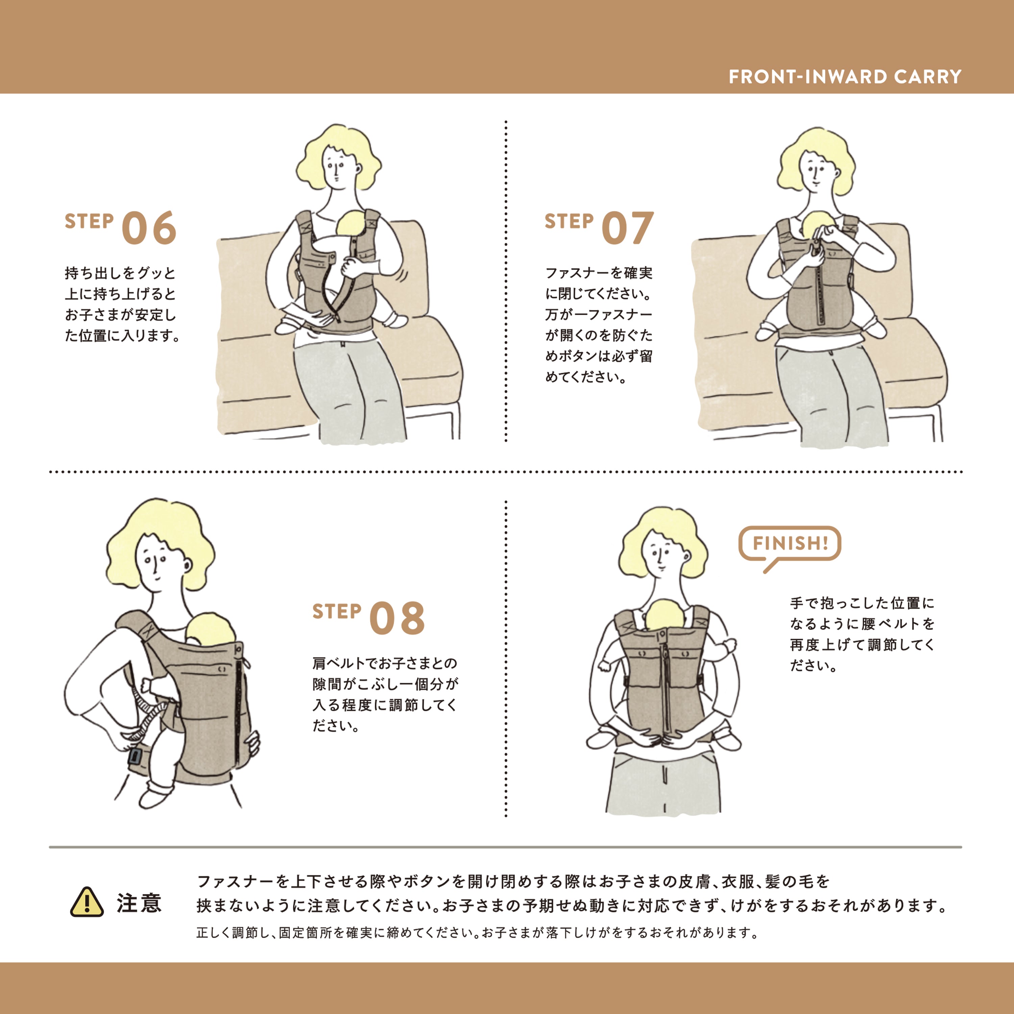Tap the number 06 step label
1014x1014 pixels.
pos(148,228)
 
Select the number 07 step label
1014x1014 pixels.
pos(627,228)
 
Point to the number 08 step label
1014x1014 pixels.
pos(397,618)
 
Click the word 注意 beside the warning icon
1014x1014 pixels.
pos(139,903)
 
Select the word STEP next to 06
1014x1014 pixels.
pos(89,221)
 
